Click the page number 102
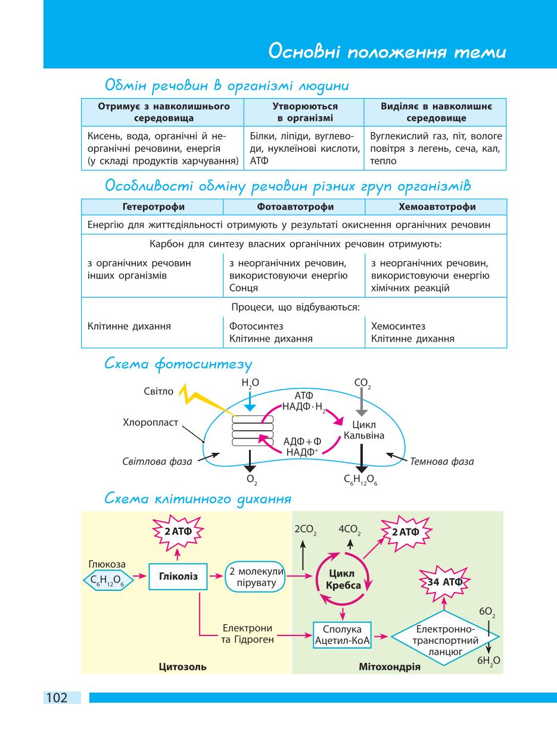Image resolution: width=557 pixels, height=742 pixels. pyautogui.click(x=57, y=698)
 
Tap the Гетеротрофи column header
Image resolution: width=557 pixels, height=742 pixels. pyautogui.click(x=154, y=206)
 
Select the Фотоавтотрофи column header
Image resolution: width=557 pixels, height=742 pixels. pyautogui.click(x=295, y=206)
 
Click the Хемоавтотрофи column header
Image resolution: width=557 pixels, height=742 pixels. pyautogui.click(x=437, y=206)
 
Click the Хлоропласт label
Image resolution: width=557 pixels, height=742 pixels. pyautogui.click(x=150, y=422)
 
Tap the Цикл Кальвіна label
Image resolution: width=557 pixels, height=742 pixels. pyautogui.click(x=364, y=430)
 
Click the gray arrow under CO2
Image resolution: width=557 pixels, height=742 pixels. pyautogui.click(x=362, y=402)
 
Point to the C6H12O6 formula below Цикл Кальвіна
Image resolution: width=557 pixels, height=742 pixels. pyautogui.click(x=360, y=480)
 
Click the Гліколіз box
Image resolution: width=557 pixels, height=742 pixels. pyautogui.click(x=178, y=577)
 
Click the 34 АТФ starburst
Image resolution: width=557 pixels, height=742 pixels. pyautogui.click(x=444, y=582)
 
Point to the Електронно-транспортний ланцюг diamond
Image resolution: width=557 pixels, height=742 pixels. pyautogui.click(x=445, y=638)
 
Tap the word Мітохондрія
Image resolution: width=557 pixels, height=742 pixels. pyautogui.click(x=390, y=666)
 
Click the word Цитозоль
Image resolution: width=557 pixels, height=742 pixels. pyautogui.click(x=183, y=666)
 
